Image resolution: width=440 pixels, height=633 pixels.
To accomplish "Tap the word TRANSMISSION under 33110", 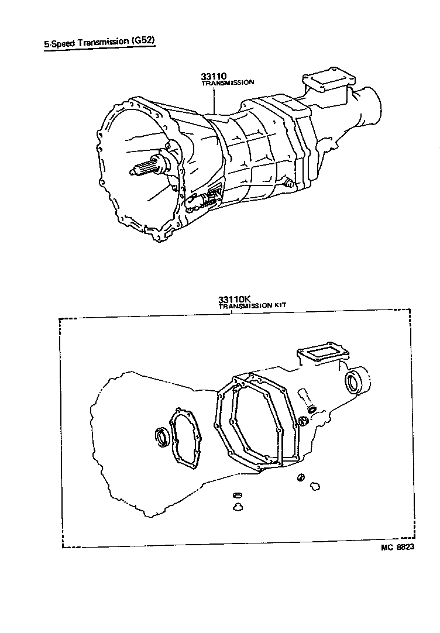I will (x=228, y=83).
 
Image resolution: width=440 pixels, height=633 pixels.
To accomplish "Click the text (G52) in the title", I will (x=142, y=42).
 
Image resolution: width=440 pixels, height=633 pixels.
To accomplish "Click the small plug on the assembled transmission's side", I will (x=287, y=183).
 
